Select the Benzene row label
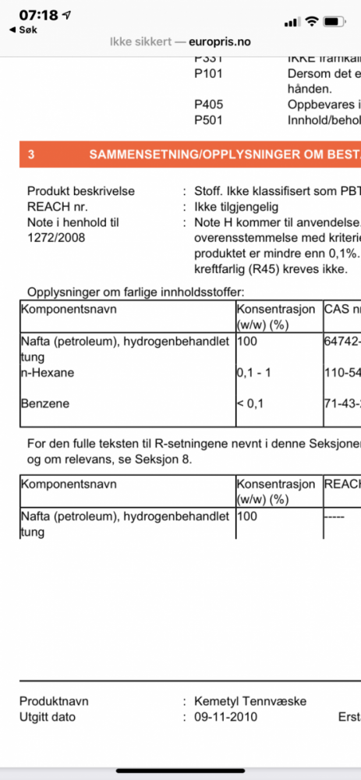pyautogui.click(x=44, y=404)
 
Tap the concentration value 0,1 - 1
pyautogui.click(x=254, y=373)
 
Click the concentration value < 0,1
pyautogui.click(x=251, y=404)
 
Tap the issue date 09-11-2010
pyautogui.click(x=226, y=717)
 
